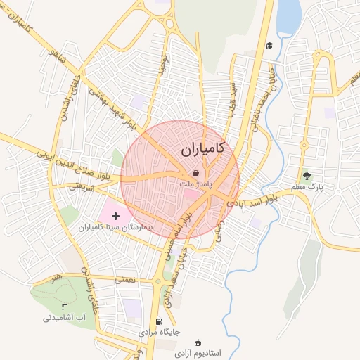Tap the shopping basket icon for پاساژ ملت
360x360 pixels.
pos(195,173)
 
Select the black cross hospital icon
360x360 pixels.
pos(116,214)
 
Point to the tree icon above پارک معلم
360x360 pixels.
pos(306,175)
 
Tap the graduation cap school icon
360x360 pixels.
pos(268,46)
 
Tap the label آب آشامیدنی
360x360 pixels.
pos(65,317)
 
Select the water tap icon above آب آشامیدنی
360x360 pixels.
pos(65,307)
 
